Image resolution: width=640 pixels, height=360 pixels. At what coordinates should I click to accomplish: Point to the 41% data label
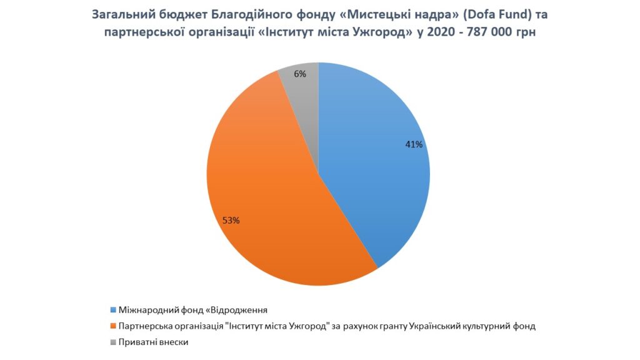pos(414,144)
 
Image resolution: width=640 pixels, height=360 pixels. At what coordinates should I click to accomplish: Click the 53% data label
pos(231,221)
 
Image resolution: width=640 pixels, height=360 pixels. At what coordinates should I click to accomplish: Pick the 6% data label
pos(300,74)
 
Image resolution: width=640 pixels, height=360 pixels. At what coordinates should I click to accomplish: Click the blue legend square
pos(114,310)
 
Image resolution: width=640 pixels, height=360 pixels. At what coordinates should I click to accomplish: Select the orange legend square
pos(114,326)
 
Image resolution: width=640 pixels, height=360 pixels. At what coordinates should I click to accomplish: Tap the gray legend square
pos(114,342)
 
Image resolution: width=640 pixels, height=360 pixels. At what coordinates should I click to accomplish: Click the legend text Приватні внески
pos(154,342)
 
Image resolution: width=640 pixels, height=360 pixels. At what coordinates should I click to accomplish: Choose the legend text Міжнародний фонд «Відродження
pos(193,310)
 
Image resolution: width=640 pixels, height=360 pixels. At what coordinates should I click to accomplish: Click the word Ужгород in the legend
pos(308,326)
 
